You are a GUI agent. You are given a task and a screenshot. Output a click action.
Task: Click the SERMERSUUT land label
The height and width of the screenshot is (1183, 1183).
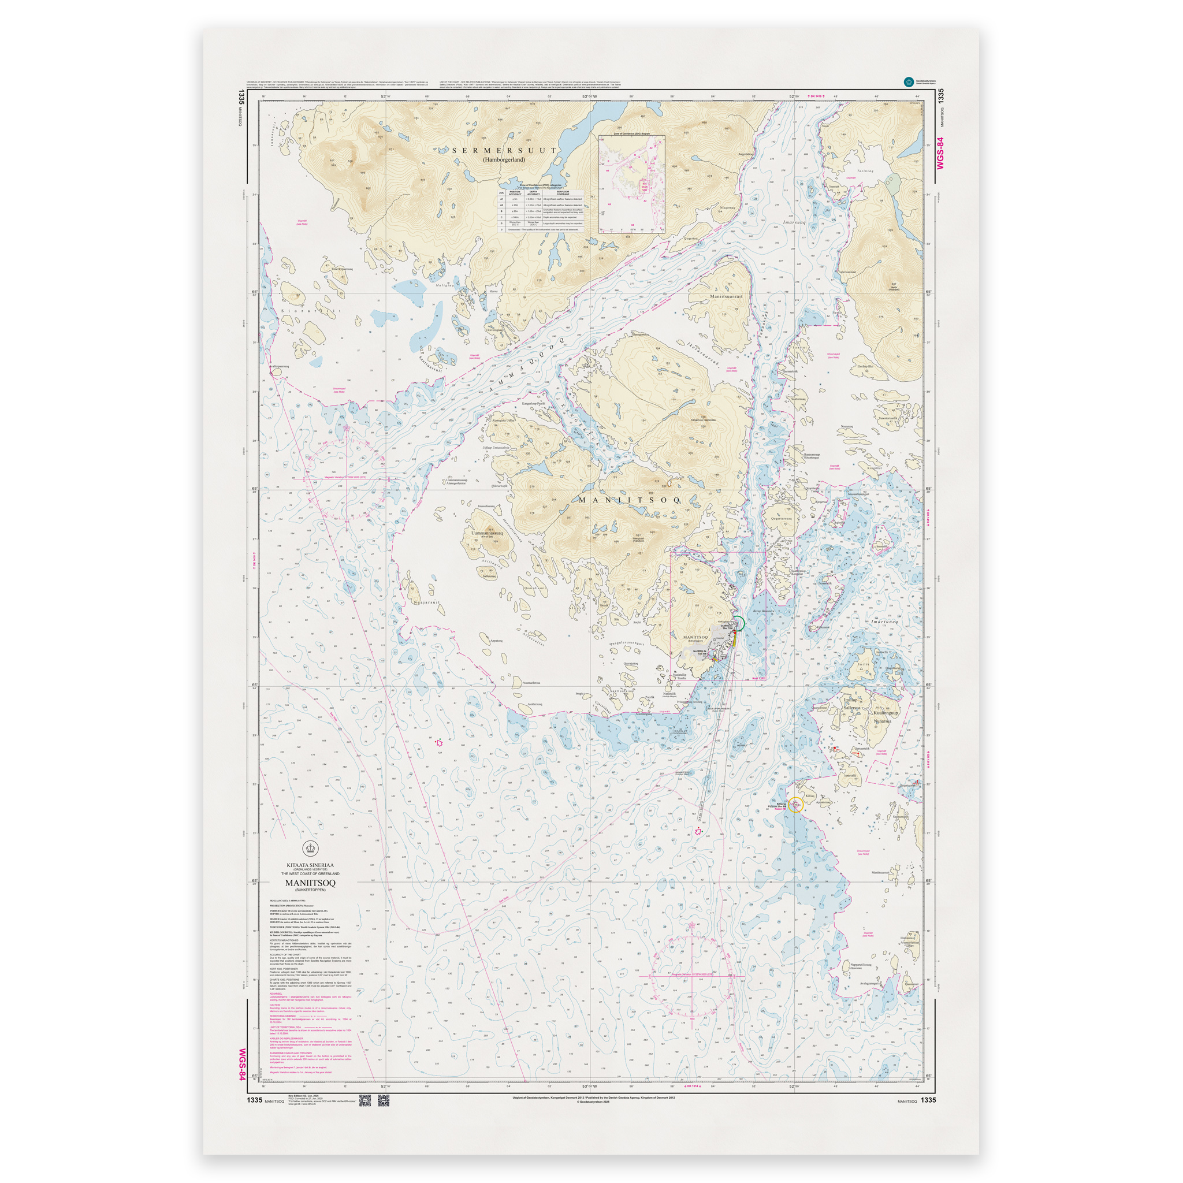click(504, 150)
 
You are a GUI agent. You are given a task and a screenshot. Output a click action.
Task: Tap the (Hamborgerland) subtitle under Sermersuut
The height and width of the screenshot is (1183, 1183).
click(504, 160)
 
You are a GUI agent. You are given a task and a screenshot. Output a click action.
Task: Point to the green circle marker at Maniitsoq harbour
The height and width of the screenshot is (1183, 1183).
click(738, 623)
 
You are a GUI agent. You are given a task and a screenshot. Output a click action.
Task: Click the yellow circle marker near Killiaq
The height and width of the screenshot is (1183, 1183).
click(795, 805)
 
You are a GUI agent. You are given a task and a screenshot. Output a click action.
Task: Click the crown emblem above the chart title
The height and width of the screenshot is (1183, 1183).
click(311, 849)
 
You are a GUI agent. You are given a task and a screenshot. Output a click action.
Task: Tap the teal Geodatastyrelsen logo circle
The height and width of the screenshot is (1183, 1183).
click(908, 81)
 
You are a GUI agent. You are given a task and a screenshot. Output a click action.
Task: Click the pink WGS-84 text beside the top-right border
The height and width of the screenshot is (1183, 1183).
click(940, 153)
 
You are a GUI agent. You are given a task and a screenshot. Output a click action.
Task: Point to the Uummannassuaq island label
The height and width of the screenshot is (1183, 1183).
click(488, 533)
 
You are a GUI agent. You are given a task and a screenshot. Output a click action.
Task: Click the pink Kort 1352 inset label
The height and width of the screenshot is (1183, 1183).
click(758, 679)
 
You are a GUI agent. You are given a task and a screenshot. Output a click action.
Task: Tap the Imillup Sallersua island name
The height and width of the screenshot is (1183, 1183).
click(852, 704)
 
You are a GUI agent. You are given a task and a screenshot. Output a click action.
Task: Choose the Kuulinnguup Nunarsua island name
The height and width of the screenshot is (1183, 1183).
click(886, 717)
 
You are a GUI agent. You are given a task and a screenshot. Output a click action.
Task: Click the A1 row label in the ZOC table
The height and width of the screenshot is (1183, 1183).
click(501, 200)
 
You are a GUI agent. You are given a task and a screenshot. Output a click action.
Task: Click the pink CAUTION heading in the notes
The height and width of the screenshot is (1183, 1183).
click(275, 1005)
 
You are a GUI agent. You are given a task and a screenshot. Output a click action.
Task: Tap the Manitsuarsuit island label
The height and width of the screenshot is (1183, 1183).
click(726, 296)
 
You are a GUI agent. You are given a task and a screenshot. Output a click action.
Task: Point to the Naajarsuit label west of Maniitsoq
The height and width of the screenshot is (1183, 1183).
click(427, 602)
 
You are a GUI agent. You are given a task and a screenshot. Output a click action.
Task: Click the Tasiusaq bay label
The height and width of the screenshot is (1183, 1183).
click(865, 172)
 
